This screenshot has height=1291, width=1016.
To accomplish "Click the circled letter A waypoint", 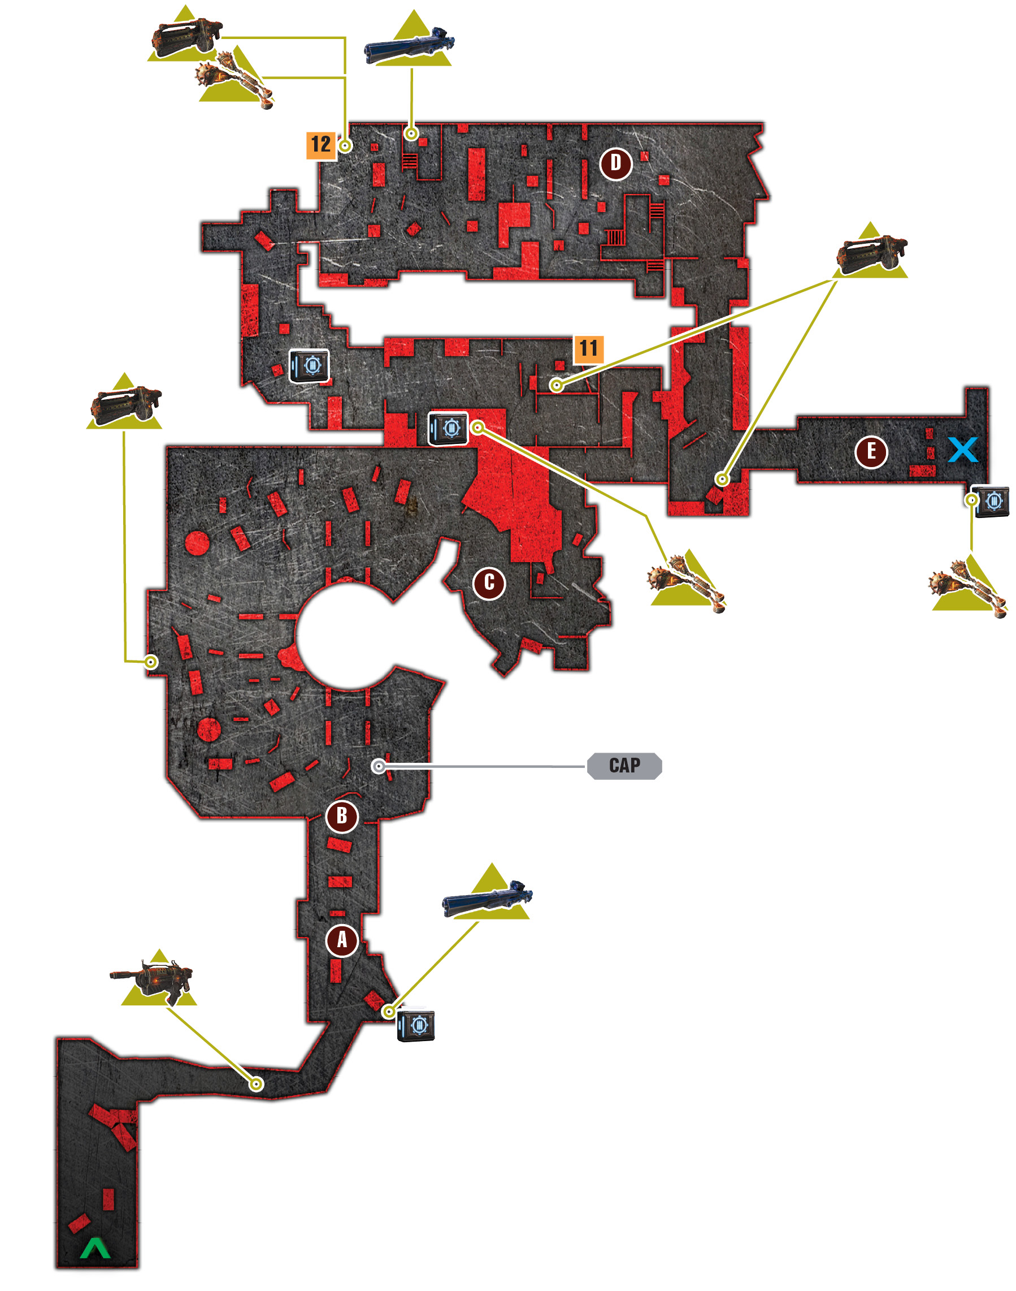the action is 342,940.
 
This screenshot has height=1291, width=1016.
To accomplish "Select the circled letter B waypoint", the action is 342,816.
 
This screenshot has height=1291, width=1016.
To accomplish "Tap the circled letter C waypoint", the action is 489,582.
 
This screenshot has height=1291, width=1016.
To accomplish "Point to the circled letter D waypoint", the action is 616,163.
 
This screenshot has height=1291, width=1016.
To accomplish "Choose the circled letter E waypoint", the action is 871,452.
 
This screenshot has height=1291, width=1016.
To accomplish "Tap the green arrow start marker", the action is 95,1248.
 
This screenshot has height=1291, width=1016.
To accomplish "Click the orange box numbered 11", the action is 588,349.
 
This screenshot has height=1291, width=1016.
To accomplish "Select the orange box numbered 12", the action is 321,145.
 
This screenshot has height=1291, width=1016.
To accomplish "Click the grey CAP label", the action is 624,766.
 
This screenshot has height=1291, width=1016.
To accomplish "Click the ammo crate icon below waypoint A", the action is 416,1025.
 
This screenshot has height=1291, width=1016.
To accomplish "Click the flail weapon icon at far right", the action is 969,586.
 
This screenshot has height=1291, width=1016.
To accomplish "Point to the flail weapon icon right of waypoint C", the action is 687,581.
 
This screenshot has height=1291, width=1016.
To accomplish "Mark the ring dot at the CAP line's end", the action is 379,766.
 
